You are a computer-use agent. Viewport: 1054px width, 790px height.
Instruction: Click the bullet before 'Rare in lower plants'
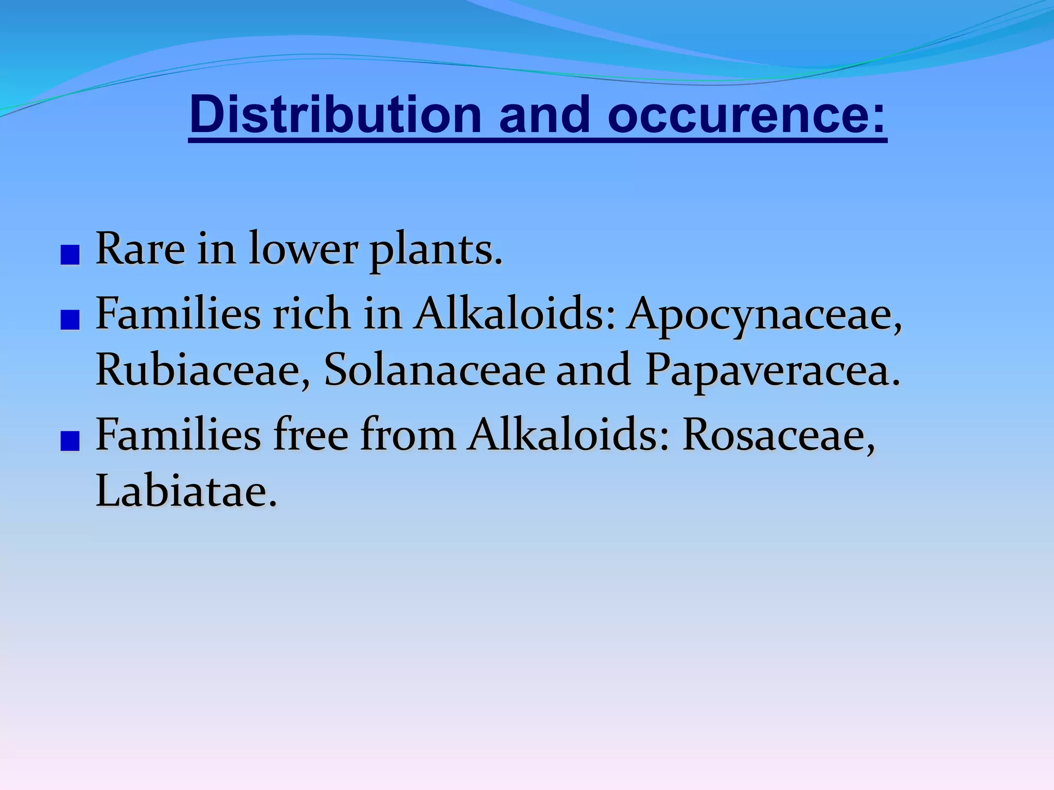pyautogui.click(x=69, y=255)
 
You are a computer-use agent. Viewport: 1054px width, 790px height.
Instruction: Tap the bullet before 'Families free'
pyautogui.click(x=69, y=441)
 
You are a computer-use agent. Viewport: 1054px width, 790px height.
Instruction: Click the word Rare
pyautogui.click(x=140, y=249)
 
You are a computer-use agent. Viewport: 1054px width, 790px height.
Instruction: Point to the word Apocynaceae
pyautogui.click(x=764, y=315)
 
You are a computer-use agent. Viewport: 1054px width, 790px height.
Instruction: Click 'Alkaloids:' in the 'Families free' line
pyautogui.click(x=569, y=435)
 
